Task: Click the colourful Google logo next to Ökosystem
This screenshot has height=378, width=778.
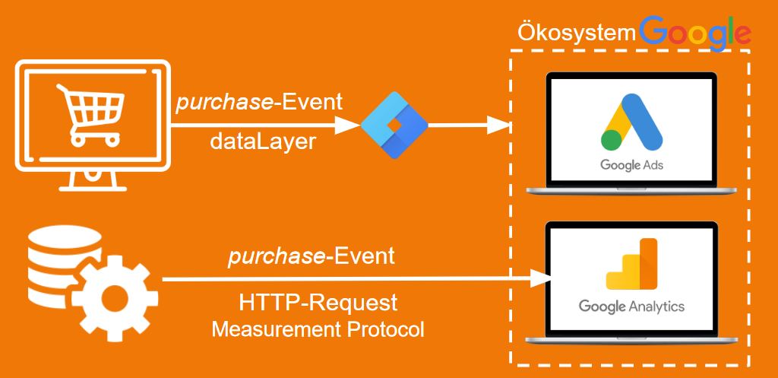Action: pyautogui.click(x=695, y=32)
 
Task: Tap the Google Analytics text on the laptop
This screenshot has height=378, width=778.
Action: pyautogui.click(x=631, y=307)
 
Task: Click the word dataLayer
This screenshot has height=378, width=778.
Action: pyautogui.click(x=263, y=141)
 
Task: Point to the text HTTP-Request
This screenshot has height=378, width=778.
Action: pyautogui.click(x=318, y=303)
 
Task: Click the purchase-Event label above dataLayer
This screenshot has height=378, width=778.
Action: pyautogui.click(x=259, y=103)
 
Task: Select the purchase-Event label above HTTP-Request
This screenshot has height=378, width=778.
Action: pyautogui.click(x=312, y=256)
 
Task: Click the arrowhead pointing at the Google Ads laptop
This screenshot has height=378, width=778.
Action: pyautogui.click(x=498, y=125)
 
